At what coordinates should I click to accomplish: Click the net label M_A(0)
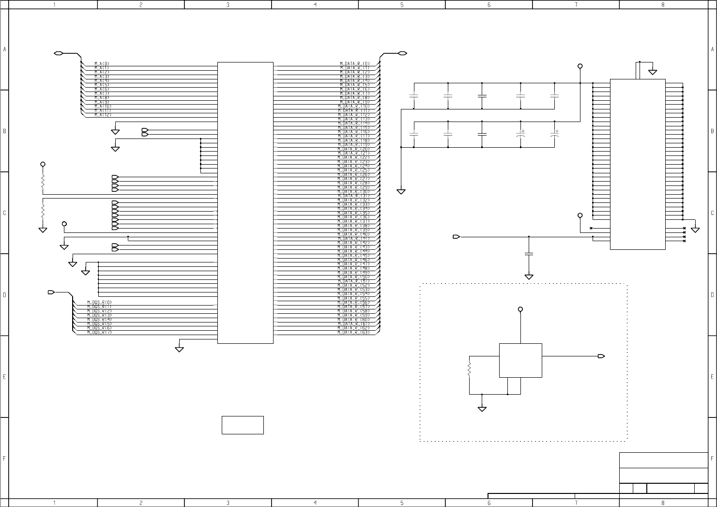tap(102, 63)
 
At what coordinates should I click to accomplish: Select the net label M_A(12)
tap(103, 115)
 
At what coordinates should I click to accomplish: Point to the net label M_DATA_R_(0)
tap(355, 63)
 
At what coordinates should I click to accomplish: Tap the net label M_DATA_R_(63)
tap(354, 332)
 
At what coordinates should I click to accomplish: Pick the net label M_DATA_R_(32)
tap(354, 200)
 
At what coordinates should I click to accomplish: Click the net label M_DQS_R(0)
tap(99, 302)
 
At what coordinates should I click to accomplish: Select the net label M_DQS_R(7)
tap(99, 332)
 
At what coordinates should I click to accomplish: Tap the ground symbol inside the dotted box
tap(482, 409)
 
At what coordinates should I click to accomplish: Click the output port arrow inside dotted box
tap(601, 356)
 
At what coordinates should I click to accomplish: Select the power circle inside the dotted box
tap(520, 309)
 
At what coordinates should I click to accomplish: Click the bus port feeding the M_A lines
tap(58, 53)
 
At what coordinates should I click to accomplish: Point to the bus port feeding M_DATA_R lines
tap(402, 53)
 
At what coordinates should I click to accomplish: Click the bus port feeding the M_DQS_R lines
tap(51, 292)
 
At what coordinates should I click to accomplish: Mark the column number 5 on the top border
tap(402, 5)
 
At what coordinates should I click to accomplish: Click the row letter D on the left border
tap(4, 294)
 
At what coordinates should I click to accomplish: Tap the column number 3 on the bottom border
tap(228, 503)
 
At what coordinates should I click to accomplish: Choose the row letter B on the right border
tap(712, 131)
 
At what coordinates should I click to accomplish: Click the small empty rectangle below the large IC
tap(243, 425)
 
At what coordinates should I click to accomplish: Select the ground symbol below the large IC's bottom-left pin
tap(179, 349)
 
